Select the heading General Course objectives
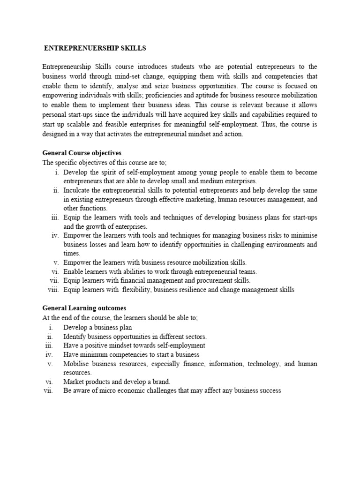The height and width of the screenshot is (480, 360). point(82,153)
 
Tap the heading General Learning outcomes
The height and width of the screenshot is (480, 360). point(84,308)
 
